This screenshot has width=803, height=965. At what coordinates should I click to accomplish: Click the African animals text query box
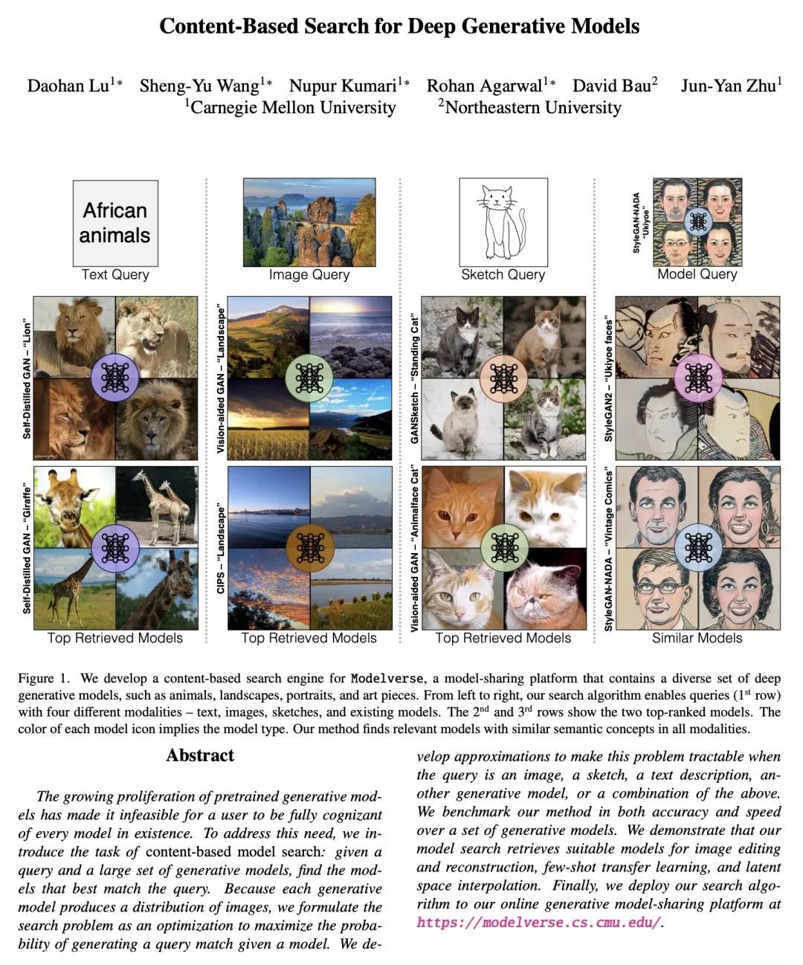click(x=115, y=223)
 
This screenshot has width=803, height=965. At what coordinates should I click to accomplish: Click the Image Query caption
click(x=309, y=275)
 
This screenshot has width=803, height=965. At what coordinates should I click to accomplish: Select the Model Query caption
click(x=697, y=274)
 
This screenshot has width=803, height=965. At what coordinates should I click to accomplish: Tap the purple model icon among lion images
click(x=115, y=378)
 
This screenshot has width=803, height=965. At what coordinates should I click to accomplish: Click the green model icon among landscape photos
click(x=309, y=378)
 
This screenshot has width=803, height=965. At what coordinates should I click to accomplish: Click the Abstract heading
click(x=200, y=755)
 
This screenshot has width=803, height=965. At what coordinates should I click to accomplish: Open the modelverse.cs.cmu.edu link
click(x=538, y=923)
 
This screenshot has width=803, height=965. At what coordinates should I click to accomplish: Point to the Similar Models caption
click(x=697, y=638)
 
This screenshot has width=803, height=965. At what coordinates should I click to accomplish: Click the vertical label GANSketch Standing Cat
click(x=415, y=378)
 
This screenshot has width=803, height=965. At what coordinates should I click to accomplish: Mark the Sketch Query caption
click(x=503, y=275)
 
